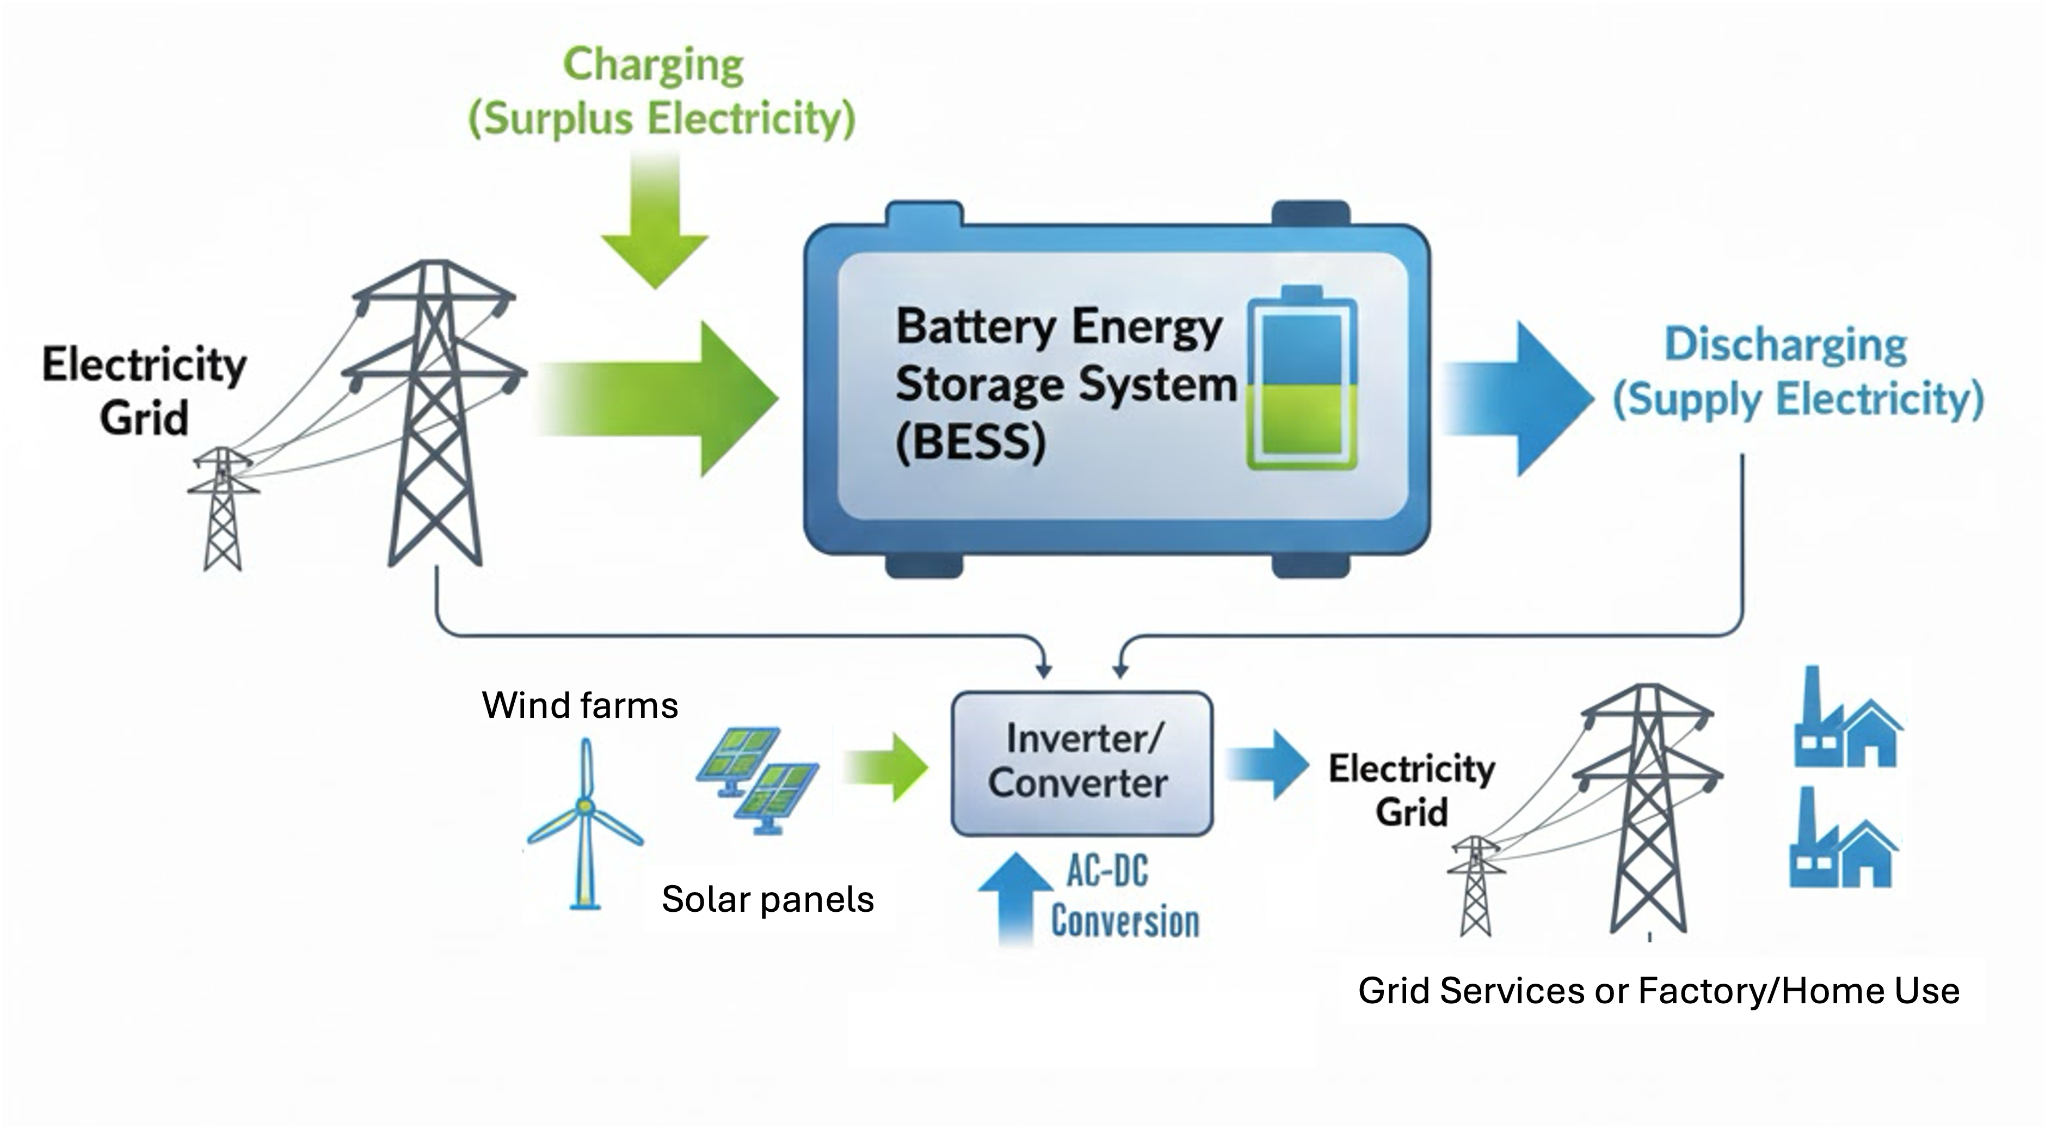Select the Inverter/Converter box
[1082, 764]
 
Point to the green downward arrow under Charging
[655, 220]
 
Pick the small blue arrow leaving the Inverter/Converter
[1267, 764]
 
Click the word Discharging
[1785, 345]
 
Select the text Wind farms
[580, 705]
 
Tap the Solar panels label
[768, 900]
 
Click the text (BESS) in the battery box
[970, 442]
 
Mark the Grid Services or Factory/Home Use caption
[1659, 991]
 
